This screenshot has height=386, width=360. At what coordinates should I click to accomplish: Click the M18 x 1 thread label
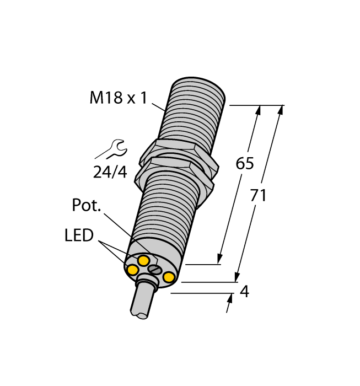[x=119, y=98]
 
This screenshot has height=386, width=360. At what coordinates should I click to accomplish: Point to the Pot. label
[x=87, y=206]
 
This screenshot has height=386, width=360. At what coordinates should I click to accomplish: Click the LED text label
[x=79, y=236]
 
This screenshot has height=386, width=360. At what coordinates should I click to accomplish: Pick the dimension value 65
[x=244, y=164]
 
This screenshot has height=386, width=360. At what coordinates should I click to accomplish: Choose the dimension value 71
[x=259, y=195]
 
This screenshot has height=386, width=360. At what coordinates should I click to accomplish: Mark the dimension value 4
[x=245, y=292]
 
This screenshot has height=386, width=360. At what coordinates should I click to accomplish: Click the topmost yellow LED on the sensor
[x=143, y=260]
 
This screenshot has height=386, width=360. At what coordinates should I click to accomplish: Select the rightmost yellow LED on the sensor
[x=169, y=277]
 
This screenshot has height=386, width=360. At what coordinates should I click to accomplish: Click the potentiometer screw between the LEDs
[x=155, y=270]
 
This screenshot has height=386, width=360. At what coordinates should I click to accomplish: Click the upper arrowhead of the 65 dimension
[x=257, y=111]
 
